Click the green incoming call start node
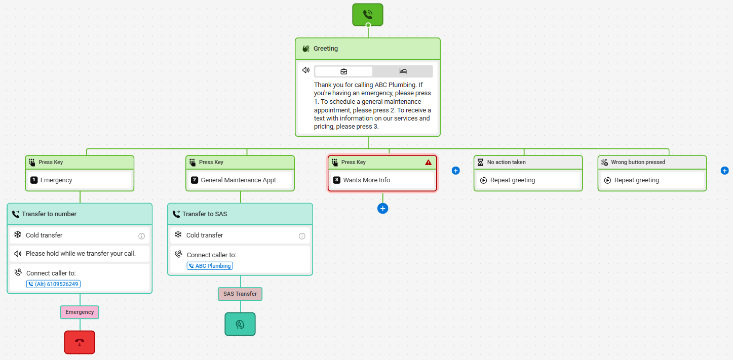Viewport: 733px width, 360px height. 367,15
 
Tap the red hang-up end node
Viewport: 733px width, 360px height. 80,342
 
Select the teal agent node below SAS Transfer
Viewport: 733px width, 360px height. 240,324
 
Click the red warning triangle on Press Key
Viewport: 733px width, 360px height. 428,162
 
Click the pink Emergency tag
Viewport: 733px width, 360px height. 80,312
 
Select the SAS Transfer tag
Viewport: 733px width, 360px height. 240,294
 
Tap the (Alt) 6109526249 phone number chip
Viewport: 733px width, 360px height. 53,284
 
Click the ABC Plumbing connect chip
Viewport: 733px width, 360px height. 210,266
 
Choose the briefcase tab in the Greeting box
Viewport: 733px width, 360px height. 343,71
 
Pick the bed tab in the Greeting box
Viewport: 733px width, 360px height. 403,71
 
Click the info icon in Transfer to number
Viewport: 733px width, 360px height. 141,236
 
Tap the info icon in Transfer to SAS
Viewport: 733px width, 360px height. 302,236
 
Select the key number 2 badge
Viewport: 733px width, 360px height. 195,180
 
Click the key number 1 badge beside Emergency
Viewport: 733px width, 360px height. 34,180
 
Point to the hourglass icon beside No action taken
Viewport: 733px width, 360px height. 480,162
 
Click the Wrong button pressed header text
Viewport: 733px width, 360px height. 638,162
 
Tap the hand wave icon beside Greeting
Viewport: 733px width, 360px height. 306,49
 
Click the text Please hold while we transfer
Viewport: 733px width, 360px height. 66,253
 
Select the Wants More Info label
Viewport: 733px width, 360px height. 367,180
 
